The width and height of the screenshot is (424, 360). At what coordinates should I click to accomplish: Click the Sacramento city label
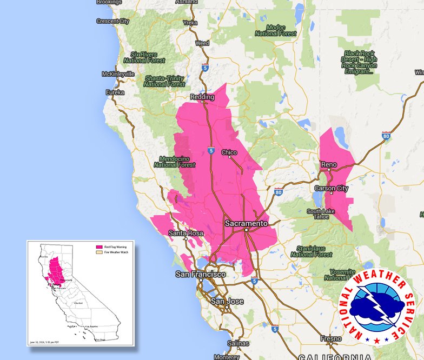[x=246, y=223]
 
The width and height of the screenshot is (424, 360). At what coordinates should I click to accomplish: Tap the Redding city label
[x=202, y=97]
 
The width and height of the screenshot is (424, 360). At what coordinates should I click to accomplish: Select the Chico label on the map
[x=229, y=152]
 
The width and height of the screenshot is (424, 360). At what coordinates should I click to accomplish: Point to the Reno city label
[x=329, y=164]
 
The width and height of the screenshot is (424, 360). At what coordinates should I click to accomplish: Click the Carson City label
[x=332, y=188]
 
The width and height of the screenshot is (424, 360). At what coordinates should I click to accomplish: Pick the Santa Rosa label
[x=186, y=234]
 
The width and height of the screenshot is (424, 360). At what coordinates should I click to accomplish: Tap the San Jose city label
[x=227, y=301]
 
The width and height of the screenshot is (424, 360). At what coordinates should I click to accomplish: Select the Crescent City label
[x=112, y=22]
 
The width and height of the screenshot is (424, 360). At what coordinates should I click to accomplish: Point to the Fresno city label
[x=330, y=339]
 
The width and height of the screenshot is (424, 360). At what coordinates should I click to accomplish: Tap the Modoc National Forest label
[x=276, y=30]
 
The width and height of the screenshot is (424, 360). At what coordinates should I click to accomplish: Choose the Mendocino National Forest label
[x=174, y=162]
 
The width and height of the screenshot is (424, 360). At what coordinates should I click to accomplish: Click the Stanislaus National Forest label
[x=311, y=251]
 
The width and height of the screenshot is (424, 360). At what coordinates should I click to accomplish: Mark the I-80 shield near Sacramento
[x=278, y=191]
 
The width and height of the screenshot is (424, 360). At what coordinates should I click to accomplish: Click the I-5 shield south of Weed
[x=205, y=68]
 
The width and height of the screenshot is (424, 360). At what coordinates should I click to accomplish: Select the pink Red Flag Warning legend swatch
[x=99, y=246]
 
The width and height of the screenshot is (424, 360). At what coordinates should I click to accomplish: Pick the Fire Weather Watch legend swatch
[x=99, y=252]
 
